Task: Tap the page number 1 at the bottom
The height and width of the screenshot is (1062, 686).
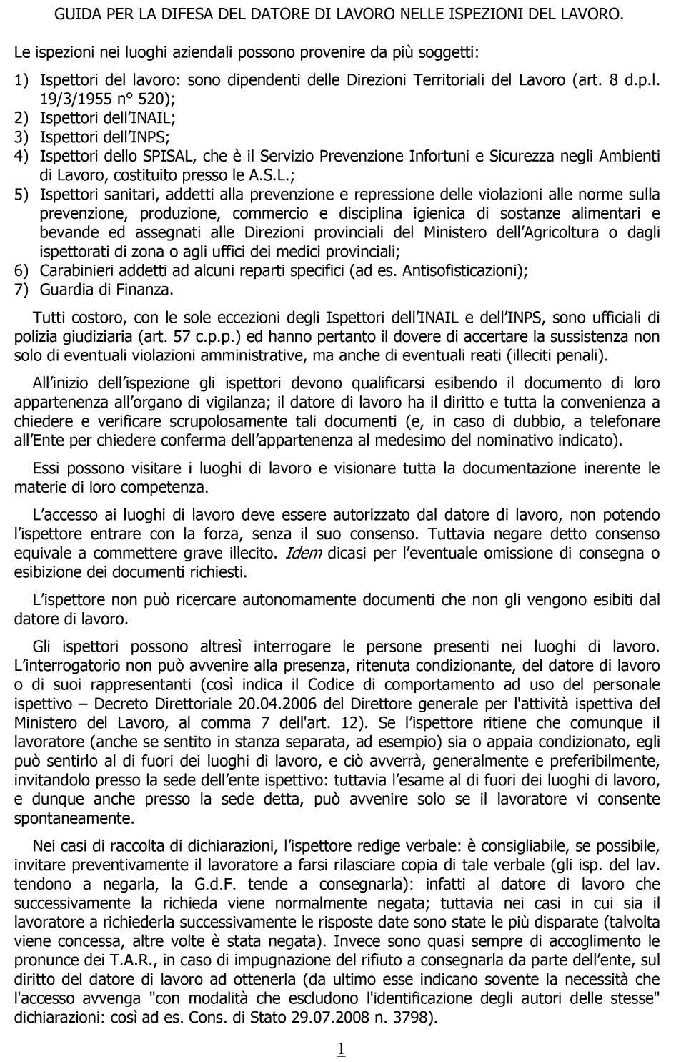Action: pyautogui.click(x=341, y=1048)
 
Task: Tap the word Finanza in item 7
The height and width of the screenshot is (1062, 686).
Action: pyautogui.click(x=146, y=290)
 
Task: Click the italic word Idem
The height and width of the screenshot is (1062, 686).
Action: pyautogui.click(x=303, y=553)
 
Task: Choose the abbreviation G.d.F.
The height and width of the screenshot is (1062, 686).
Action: pyautogui.click(x=215, y=884)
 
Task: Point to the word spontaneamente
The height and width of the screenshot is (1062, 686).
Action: pyautogui.click(x=74, y=818)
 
